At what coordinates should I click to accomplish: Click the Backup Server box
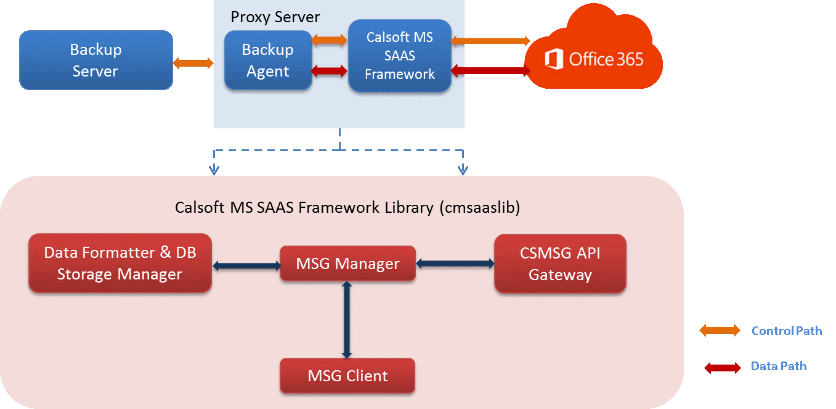(x=96, y=60)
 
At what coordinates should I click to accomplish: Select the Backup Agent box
(x=268, y=60)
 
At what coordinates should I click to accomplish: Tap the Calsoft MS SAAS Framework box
(x=400, y=56)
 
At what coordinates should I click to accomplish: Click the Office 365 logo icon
(x=554, y=59)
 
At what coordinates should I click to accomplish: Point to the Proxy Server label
(x=275, y=17)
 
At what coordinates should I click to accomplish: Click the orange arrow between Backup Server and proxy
(x=193, y=63)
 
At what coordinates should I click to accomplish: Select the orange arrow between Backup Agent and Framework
(x=329, y=40)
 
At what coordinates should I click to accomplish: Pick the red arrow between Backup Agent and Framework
(x=329, y=71)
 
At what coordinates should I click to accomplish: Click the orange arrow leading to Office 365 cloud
(x=490, y=41)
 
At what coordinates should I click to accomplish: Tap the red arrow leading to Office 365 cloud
(x=490, y=70)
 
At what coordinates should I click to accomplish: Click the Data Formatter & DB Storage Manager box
(x=120, y=263)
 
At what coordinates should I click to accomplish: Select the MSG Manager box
(x=347, y=263)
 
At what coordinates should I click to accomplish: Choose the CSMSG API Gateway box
(x=560, y=263)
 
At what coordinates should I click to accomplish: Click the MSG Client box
(x=347, y=376)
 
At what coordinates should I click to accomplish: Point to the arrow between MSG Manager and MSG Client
(x=347, y=320)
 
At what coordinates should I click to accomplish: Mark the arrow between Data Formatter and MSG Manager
(x=246, y=266)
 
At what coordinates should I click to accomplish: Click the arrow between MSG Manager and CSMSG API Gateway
(x=455, y=263)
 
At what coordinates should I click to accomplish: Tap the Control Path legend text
(x=787, y=331)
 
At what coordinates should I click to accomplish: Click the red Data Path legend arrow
(x=723, y=368)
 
